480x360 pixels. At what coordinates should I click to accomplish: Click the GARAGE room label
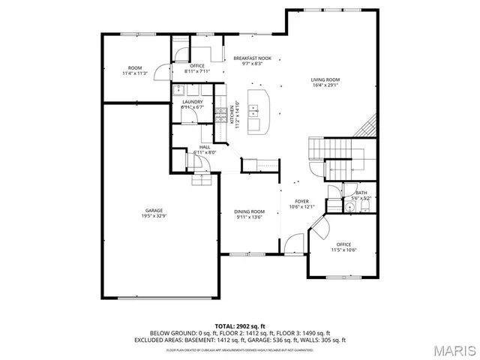154,210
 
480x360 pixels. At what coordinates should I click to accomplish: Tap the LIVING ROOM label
325,79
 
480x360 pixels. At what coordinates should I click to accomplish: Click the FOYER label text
301,201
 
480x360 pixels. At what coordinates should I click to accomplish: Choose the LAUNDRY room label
192,101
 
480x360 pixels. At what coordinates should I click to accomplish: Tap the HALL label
205,147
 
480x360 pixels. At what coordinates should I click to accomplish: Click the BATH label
361,193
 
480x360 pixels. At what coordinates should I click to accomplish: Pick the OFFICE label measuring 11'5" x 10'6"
344,244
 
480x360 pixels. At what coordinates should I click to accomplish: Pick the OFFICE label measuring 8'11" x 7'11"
197,66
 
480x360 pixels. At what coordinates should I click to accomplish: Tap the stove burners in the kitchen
221,114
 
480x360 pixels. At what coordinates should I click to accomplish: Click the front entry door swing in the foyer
292,244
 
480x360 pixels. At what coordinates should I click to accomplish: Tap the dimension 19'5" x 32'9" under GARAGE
154,216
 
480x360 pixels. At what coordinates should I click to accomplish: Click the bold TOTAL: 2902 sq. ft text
240,326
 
